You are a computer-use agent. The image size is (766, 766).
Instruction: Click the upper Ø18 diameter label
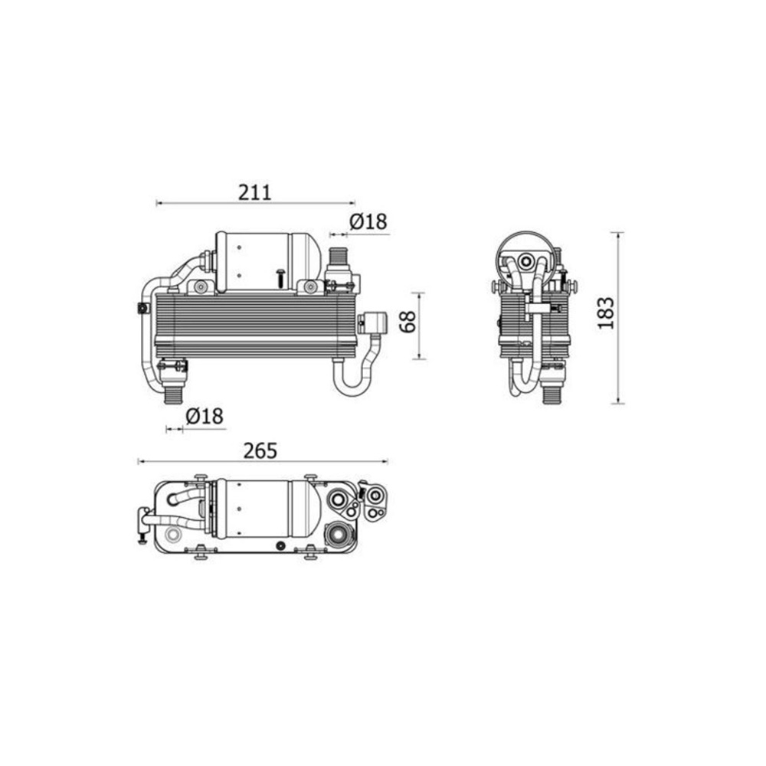point(368,222)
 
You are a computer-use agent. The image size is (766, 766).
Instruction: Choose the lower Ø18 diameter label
point(204,417)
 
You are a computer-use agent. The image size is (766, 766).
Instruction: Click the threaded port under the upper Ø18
point(337,256)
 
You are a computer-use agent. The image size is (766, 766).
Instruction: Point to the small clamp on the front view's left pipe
point(142,308)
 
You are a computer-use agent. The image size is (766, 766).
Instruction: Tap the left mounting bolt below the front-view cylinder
point(201,287)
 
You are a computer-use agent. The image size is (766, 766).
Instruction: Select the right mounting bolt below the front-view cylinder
point(309,287)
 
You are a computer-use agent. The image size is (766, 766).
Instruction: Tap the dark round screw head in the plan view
point(281,545)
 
